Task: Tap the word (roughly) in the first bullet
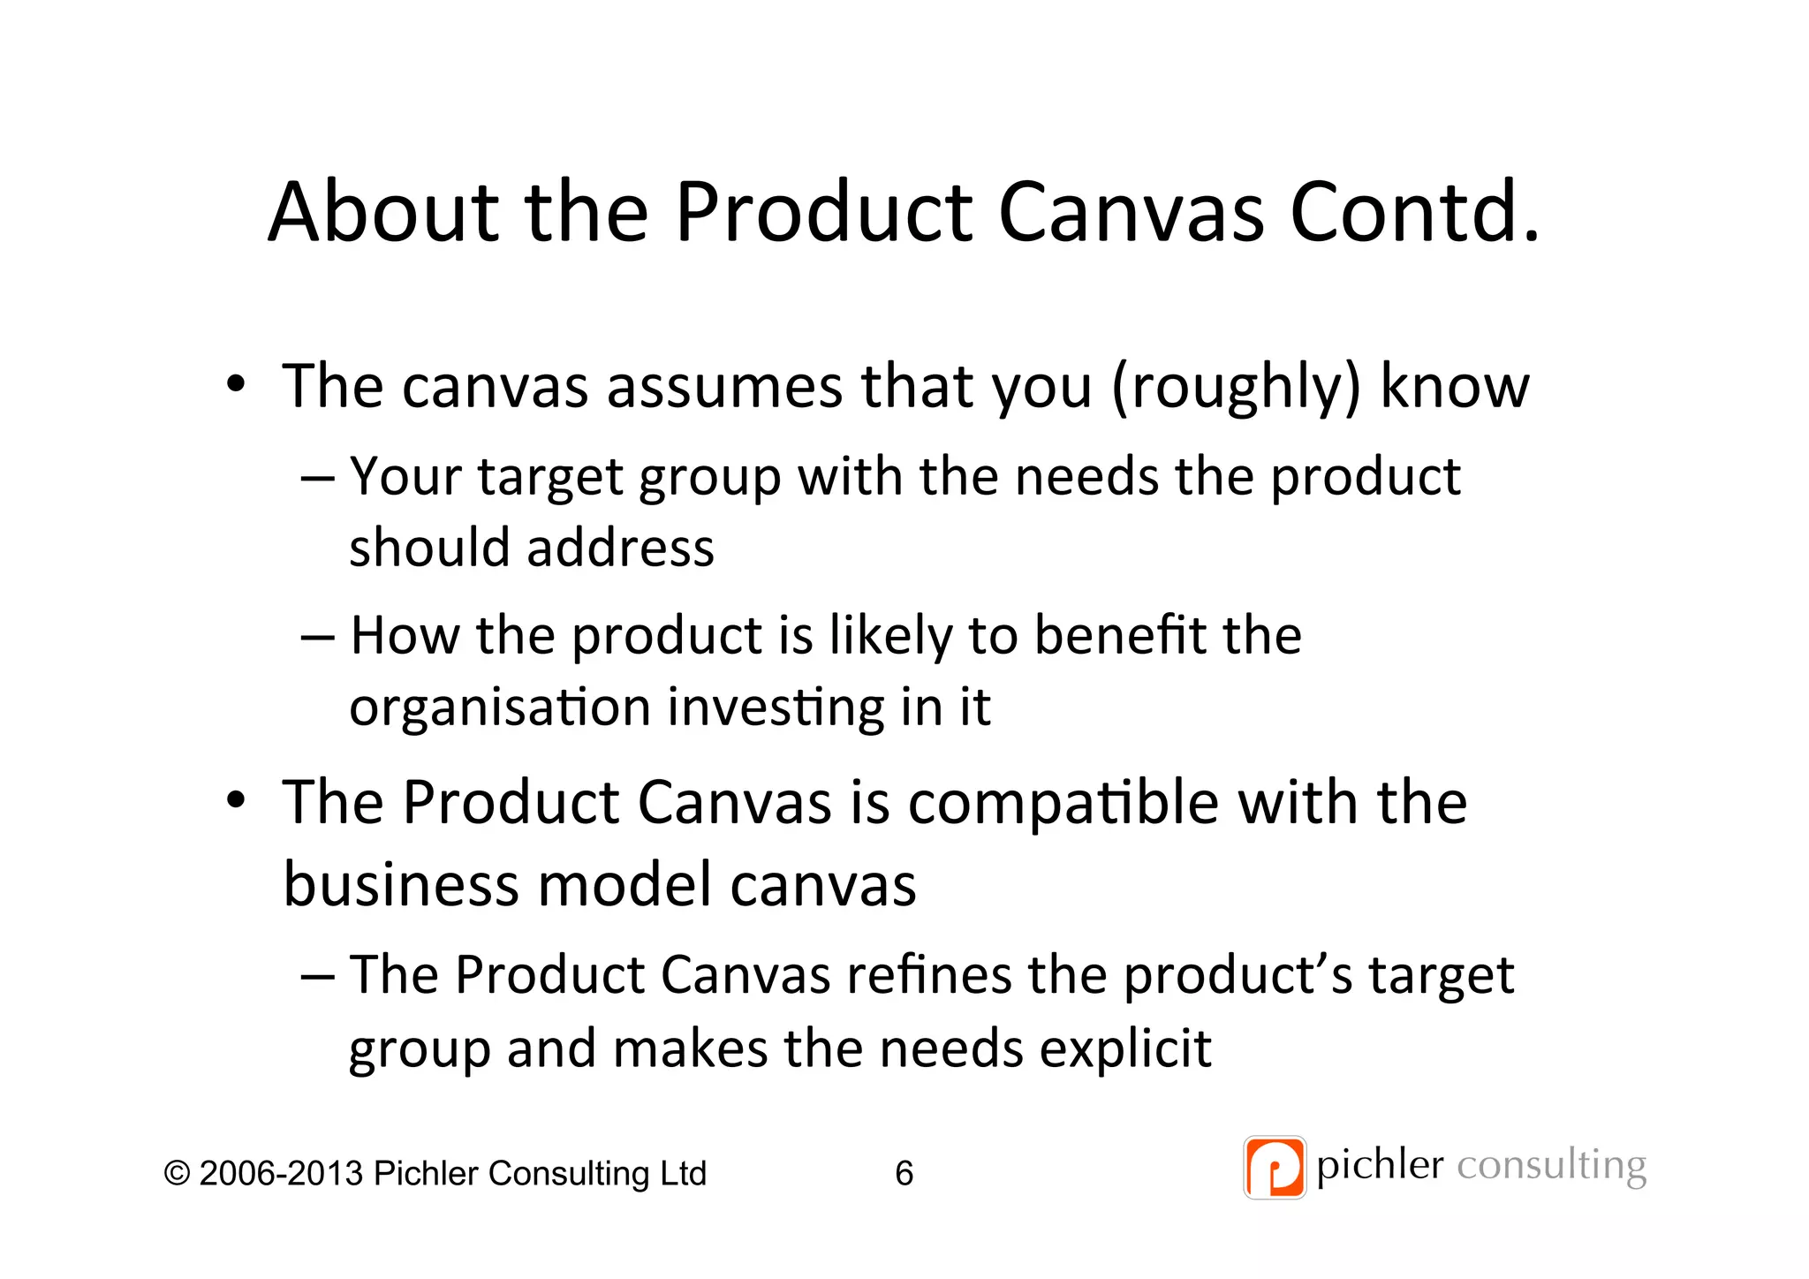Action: coord(1235,388)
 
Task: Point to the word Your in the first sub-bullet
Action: coord(405,477)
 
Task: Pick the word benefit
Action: coord(1119,635)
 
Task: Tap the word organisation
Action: coord(500,708)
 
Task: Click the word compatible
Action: coord(1063,804)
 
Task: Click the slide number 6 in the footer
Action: coord(904,1173)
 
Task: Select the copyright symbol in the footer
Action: coord(177,1174)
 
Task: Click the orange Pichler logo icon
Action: coord(1274,1167)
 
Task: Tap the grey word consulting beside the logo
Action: coord(1551,1166)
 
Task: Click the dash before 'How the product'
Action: coord(317,637)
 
